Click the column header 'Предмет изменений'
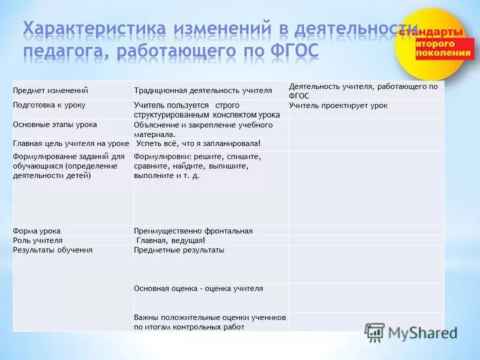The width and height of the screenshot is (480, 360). [x=51, y=90]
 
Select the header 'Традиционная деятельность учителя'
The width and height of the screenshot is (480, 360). [x=203, y=91]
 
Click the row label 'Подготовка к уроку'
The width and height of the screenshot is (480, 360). [x=49, y=105]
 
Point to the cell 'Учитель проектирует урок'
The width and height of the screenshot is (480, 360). [x=338, y=106]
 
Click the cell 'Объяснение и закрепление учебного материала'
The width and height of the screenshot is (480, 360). [x=203, y=130]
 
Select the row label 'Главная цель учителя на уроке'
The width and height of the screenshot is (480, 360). [x=71, y=144]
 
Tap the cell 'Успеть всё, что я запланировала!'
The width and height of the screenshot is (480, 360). [x=198, y=143]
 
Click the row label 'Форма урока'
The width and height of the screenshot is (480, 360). [x=37, y=231]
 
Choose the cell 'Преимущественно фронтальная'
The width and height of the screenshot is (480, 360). [x=193, y=231]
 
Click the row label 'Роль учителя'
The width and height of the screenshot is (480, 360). [x=38, y=240]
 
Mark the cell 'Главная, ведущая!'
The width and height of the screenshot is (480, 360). [x=171, y=240]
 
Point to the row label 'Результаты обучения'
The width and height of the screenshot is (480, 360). [x=53, y=250]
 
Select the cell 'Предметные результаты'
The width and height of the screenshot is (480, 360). [x=179, y=250]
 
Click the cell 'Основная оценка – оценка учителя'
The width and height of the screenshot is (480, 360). [x=199, y=289]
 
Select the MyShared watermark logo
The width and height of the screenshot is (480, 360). [x=412, y=332]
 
